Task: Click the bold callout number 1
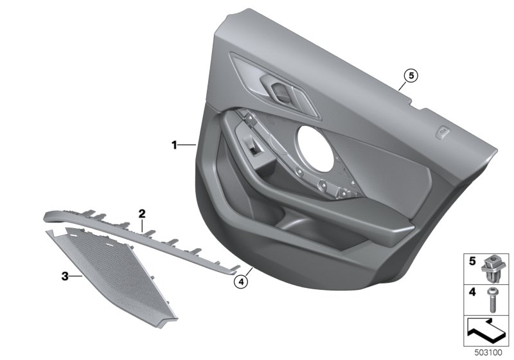pos(174,145)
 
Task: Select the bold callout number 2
pos(141,214)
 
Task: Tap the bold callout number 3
pos(66,276)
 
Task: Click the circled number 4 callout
pos(241,282)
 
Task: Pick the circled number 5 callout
pos(411,76)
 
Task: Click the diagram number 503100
pos(488,353)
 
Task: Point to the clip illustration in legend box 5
pos(490,269)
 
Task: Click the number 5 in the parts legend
pos(472,261)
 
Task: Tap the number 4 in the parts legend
pos(472,291)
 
